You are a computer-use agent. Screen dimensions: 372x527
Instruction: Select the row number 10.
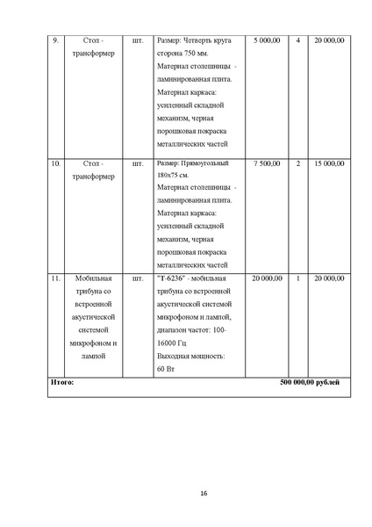pos(56,163)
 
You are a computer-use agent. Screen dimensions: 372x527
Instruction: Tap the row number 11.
pos(56,278)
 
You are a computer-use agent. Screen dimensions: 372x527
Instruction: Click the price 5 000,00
pos(267,40)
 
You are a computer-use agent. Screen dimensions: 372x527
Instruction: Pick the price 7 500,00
pos(267,163)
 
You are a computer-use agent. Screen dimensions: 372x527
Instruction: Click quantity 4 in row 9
pos(298,40)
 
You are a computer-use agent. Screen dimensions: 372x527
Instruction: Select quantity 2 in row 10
pos(298,163)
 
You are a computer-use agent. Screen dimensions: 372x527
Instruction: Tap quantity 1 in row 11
pos(298,278)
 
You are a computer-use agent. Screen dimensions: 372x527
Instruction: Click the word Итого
pos(62,383)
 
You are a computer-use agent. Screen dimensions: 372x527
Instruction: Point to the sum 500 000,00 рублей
pos(310,383)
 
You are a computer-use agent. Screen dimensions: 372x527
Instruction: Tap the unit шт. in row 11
pos(136,278)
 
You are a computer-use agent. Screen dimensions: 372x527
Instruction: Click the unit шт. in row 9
pos(136,40)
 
